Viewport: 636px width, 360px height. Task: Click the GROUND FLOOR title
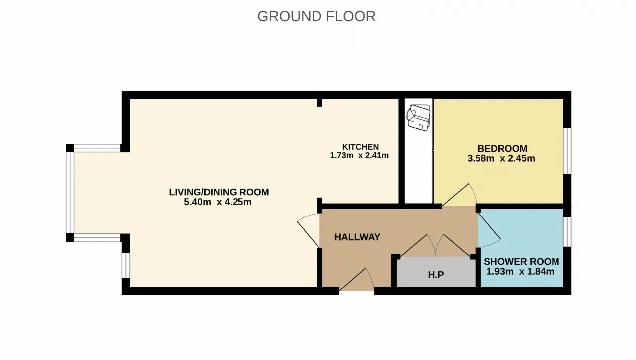(317, 16)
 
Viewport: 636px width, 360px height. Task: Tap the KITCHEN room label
(360, 147)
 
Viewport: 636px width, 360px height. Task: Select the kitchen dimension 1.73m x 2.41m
(359, 155)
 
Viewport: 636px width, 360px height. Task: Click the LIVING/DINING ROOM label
(219, 192)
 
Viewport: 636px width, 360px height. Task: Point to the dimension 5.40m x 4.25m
(218, 202)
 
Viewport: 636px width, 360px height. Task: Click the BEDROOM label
(502, 148)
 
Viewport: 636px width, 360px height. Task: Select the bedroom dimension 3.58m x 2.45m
(501, 158)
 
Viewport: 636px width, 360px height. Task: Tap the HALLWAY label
(357, 237)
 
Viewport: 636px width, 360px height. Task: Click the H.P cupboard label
(436, 275)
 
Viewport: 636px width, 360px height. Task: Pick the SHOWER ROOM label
(522, 262)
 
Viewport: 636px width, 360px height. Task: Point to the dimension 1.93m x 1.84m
(520, 272)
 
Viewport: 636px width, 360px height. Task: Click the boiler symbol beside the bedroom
(418, 118)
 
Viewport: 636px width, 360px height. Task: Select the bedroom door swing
(459, 195)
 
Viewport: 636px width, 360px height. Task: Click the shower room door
(489, 230)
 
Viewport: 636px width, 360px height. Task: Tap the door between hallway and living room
(309, 231)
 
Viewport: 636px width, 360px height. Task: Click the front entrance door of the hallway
(356, 280)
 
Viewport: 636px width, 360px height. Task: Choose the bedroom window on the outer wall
(567, 150)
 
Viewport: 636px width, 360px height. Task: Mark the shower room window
(567, 232)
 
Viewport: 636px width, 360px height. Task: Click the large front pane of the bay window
(70, 193)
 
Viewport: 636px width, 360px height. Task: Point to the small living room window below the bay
(126, 265)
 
